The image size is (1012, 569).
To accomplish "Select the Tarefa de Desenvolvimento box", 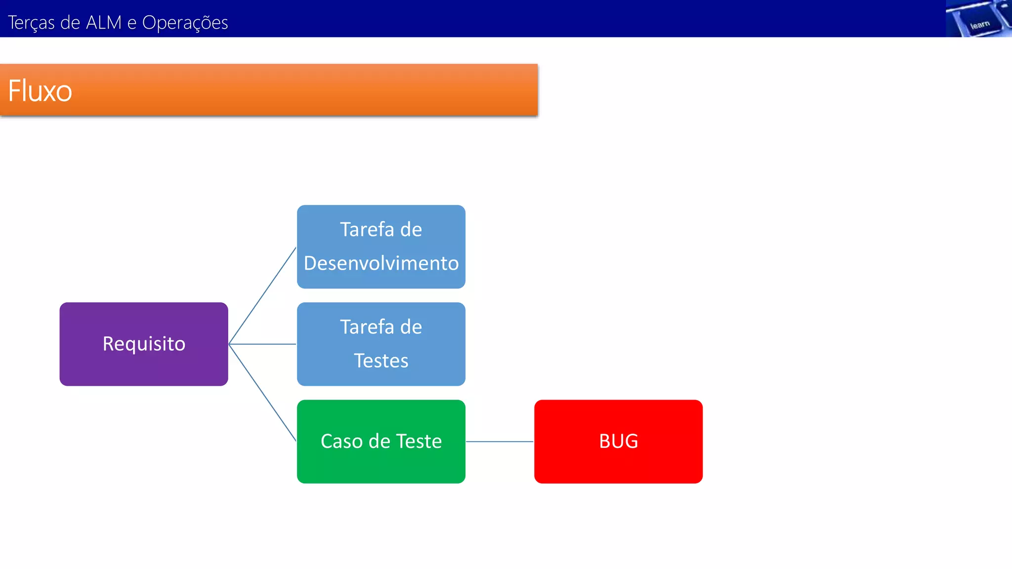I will click(381, 246).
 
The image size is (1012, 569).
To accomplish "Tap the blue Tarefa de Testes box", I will click(381, 344).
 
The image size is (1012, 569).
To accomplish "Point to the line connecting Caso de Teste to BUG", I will click(500, 442).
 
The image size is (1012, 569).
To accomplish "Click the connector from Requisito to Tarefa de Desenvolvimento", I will click(262, 295).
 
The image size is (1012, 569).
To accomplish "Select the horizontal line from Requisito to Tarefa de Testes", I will click(262, 344).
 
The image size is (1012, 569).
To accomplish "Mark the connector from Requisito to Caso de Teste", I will click(262, 393).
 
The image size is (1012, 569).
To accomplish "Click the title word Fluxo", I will click(40, 91).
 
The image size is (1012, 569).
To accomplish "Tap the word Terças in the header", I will click(31, 23).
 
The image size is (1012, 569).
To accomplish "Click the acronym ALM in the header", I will click(104, 23).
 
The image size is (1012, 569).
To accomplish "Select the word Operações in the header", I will click(185, 23).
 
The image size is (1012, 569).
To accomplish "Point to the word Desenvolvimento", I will click(381, 263).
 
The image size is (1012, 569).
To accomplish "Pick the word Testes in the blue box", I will click(381, 361).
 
